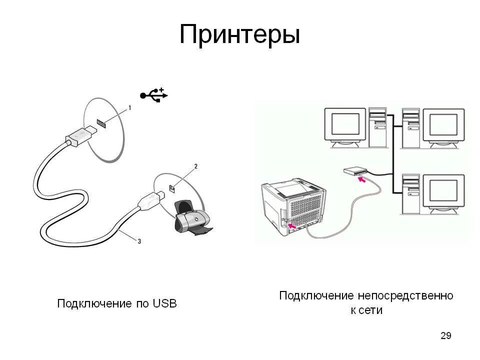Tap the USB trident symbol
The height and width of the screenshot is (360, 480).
pos(154,94)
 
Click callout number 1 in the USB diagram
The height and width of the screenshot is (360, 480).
pos(130,107)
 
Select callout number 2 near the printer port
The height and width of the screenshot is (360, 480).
pos(195,166)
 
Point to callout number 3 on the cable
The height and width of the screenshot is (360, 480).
pos(139,241)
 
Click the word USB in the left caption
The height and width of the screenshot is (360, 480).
pos(164,303)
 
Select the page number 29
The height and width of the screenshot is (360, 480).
pos(445,335)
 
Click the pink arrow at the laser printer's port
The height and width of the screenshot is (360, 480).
pos(295,226)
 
